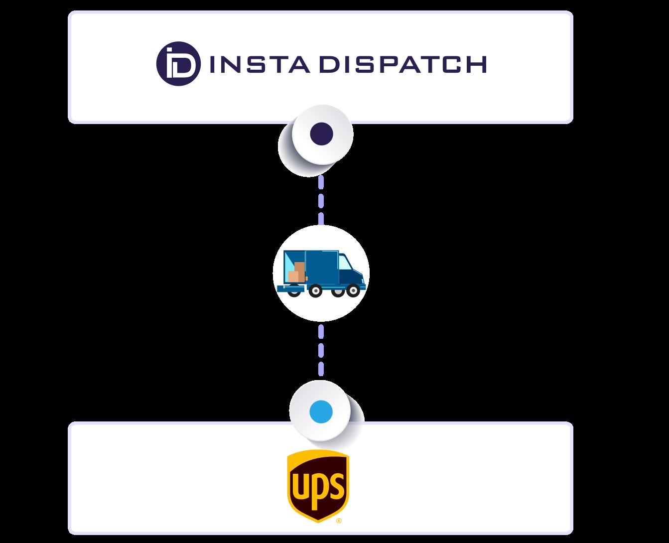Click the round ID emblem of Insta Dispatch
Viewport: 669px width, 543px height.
178,64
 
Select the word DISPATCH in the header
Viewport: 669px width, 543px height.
402,64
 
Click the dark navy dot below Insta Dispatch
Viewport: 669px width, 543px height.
321,134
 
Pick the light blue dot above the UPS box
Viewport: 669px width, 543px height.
321,412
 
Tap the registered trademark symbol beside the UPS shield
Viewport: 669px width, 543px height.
339,521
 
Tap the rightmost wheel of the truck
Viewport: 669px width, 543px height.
353,290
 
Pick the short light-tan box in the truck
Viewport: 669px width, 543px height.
293,276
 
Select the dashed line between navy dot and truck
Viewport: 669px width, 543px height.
321,199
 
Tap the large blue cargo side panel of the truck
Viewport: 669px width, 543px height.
321,268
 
